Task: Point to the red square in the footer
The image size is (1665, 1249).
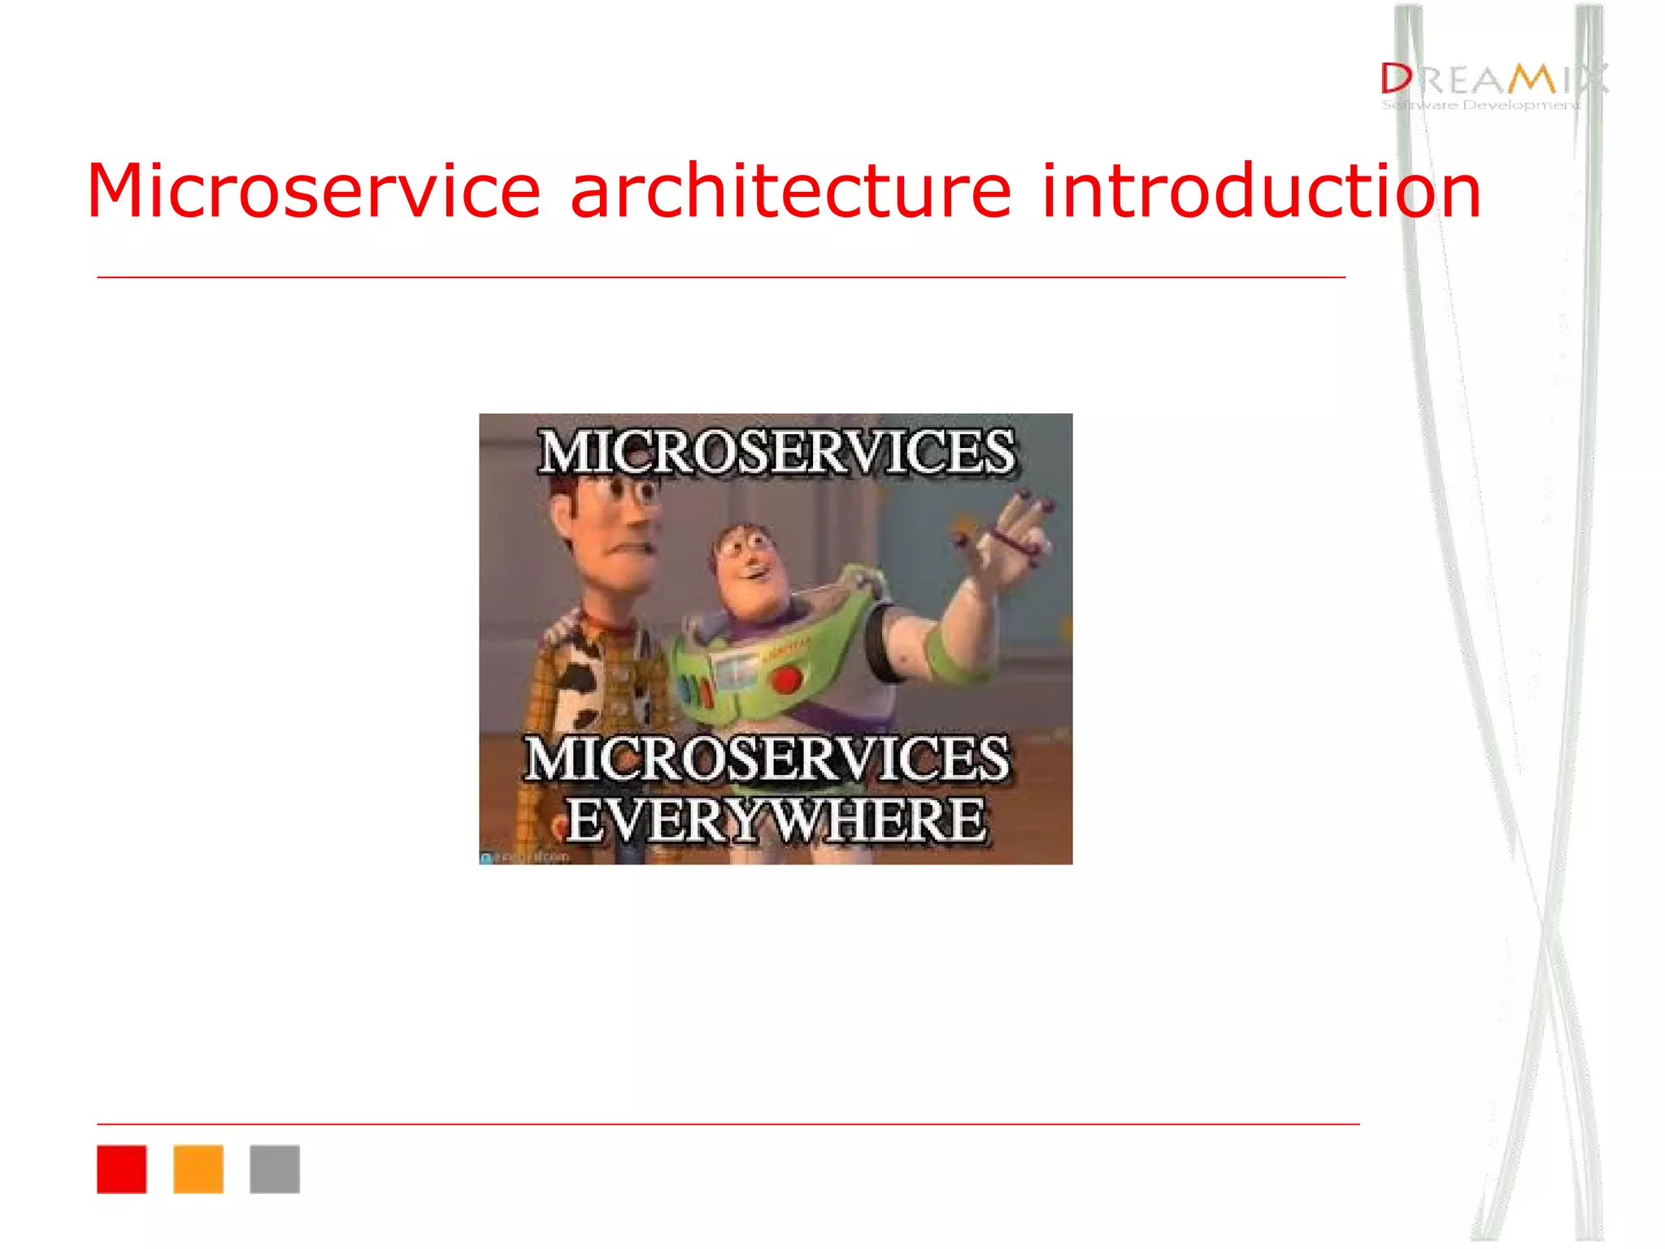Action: click(x=122, y=1168)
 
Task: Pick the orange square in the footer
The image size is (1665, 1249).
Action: click(x=198, y=1168)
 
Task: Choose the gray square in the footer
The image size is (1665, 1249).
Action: click(x=275, y=1168)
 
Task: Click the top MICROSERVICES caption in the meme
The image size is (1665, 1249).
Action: click(x=776, y=452)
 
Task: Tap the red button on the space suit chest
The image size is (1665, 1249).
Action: click(x=786, y=678)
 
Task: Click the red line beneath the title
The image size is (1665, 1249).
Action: click(x=720, y=277)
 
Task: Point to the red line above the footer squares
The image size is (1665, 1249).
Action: click(x=728, y=1124)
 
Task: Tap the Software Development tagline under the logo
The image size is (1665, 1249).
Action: click(x=1480, y=105)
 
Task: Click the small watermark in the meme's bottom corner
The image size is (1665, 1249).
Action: click(x=524, y=857)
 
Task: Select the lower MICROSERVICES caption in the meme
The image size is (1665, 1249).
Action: click(x=768, y=759)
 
